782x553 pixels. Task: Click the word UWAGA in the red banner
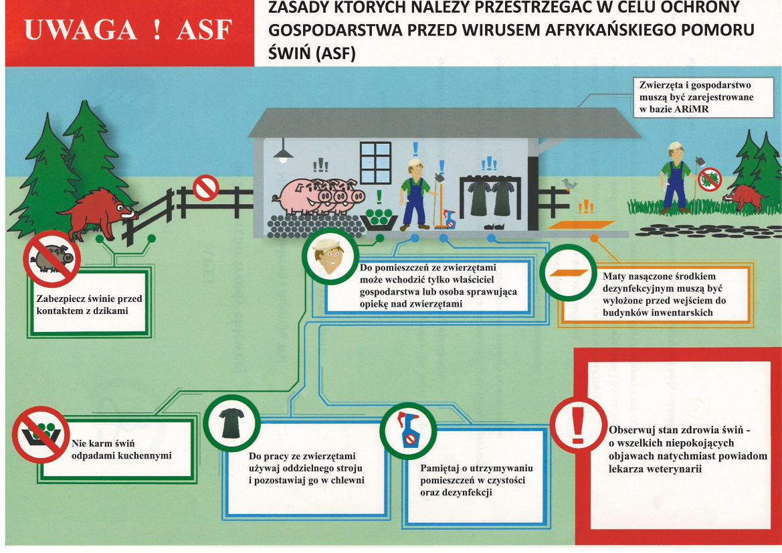pyautogui.click(x=80, y=30)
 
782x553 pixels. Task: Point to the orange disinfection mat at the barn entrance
pyautogui.click(x=581, y=224)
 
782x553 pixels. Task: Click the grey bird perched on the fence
pyautogui.click(x=569, y=184)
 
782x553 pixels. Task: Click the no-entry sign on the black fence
pyautogui.click(x=205, y=187)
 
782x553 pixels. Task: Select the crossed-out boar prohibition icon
pyautogui.click(x=52, y=258)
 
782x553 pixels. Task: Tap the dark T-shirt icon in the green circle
pyautogui.click(x=232, y=422)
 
